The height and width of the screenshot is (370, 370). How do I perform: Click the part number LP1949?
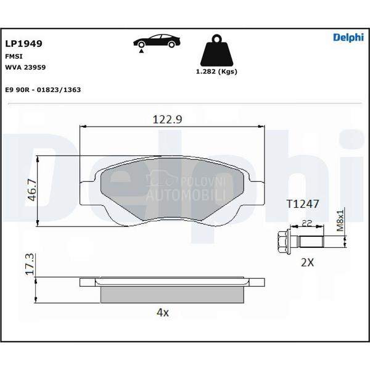pyautogui.click(x=23, y=43)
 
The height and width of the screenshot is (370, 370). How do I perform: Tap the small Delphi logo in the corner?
pyautogui.click(x=348, y=38)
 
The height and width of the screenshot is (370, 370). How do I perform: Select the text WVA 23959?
pyautogui.click(x=25, y=67)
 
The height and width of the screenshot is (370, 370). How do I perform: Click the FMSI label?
pyautogui.click(x=14, y=56)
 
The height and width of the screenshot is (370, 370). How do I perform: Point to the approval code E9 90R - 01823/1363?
pyautogui.click(x=43, y=89)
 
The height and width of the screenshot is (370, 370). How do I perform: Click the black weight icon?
pyautogui.click(x=216, y=51)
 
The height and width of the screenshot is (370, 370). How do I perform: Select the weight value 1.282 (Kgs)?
pyautogui.click(x=216, y=72)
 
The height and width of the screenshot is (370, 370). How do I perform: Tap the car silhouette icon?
pyautogui.click(x=157, y=41)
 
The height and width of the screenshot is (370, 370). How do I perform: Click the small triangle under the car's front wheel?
pyautogui.click(x=141, y=51)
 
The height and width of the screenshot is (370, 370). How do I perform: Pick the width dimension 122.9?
pyautogui.click(x=167, y=119)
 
